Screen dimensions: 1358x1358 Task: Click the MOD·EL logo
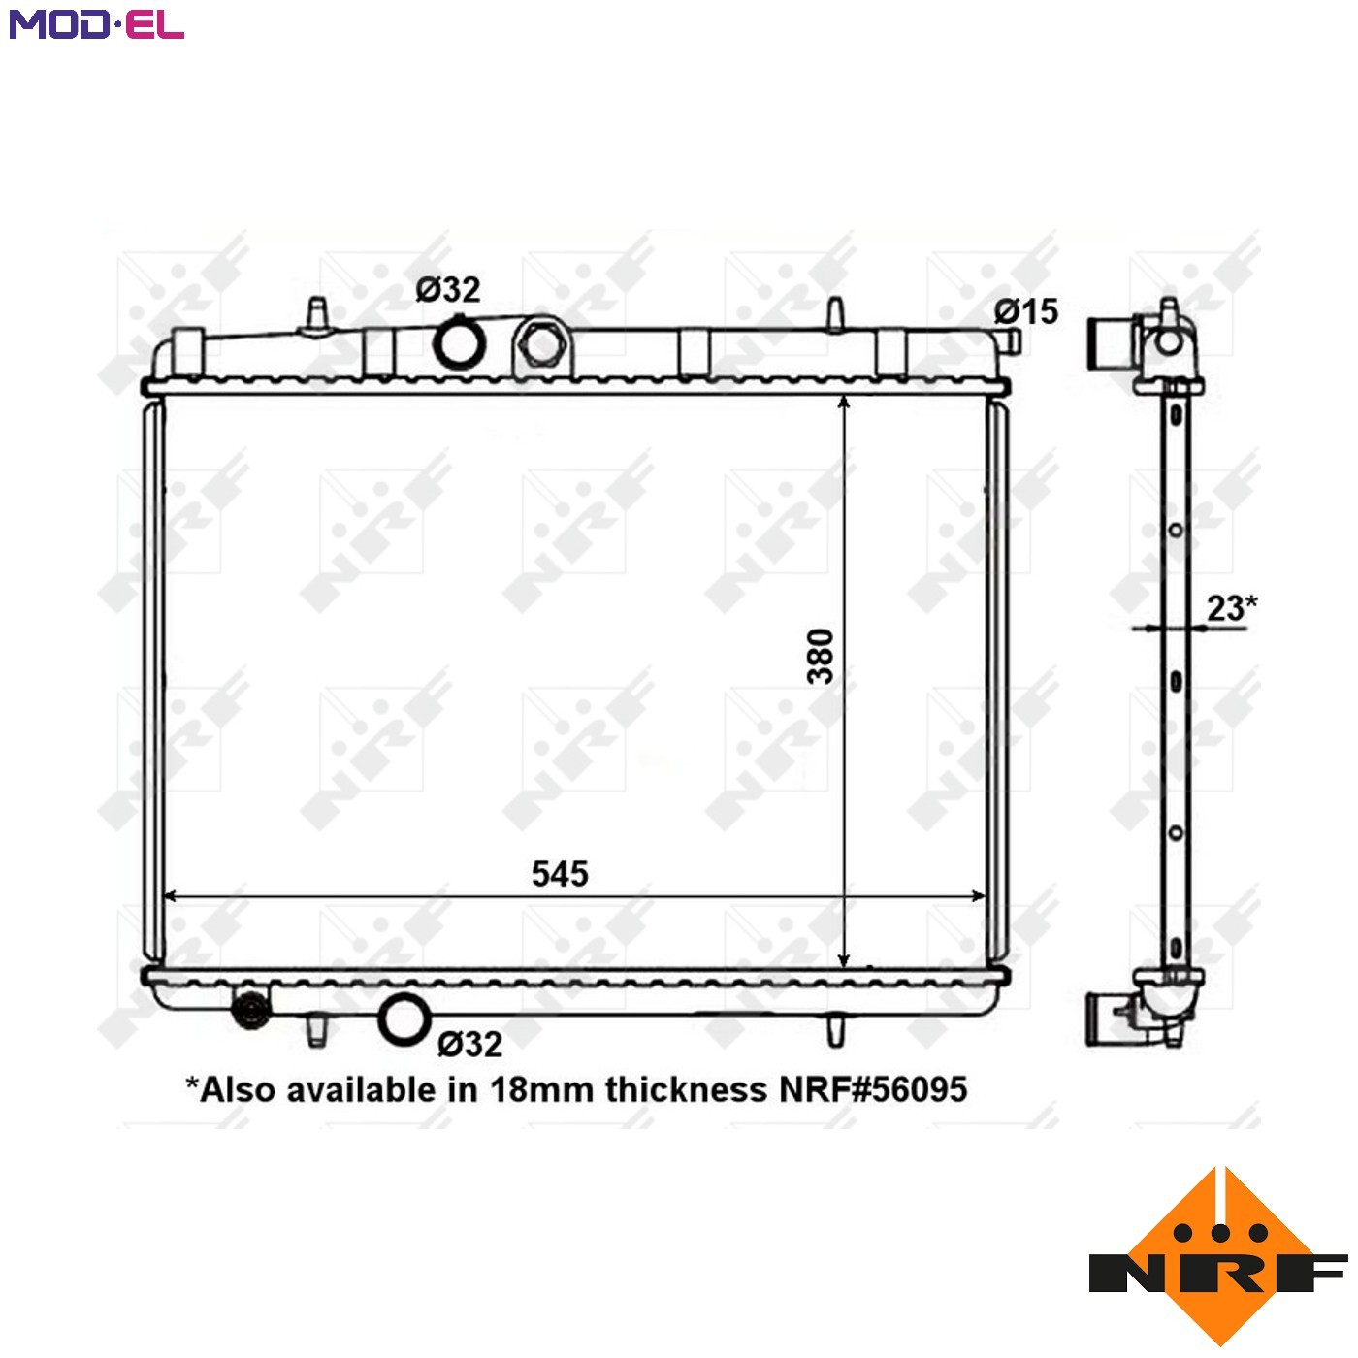tap(96, 24)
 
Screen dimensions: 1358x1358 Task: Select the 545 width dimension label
tap(560, 874)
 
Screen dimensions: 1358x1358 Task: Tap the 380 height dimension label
tap(821, 656)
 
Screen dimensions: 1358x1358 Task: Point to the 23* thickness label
tap(1232, 607)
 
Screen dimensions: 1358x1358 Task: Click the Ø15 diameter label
tap(1026, 311)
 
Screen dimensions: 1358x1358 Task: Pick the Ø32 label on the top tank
tap(447, 289)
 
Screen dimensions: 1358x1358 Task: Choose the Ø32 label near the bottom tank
tap(470, 1044)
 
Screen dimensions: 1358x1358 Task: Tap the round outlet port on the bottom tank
tap(404, 1019)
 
